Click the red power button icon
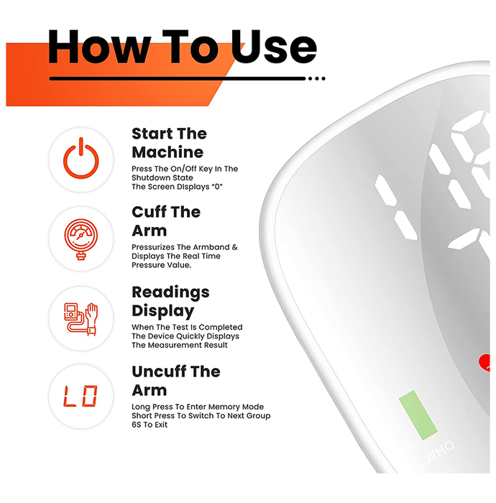point(81,160)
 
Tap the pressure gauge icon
point(81,239)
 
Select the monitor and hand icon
point(81,319)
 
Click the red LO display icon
point(81,397)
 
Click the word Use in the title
point(274,47)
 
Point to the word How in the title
point(99,47)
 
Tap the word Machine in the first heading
point(167,152)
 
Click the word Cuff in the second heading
point(149,212)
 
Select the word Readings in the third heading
point(170,293)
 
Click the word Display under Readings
point(163,311)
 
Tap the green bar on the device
point(418,415)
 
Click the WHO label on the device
point(439,451)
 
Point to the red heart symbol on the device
point(484,362)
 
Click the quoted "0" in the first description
point(218,187)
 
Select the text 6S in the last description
point(137,425)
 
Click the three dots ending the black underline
point(317,78)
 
